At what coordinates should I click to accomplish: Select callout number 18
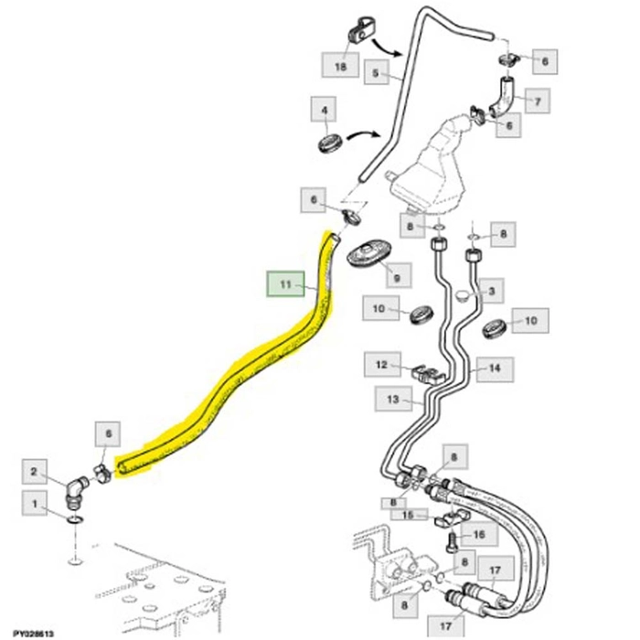coord(341,66)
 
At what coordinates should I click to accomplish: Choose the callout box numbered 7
coord(537,101)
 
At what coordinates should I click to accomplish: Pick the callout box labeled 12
coord(383,365)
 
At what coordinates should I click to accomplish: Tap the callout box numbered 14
coord(494,369)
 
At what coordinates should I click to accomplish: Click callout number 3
coord(491,293)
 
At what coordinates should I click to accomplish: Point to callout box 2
coord(34,472)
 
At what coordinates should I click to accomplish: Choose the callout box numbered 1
coord(34,504)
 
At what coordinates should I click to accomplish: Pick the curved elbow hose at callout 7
coord(502,95)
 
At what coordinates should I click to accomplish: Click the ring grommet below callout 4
coord(329,143)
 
